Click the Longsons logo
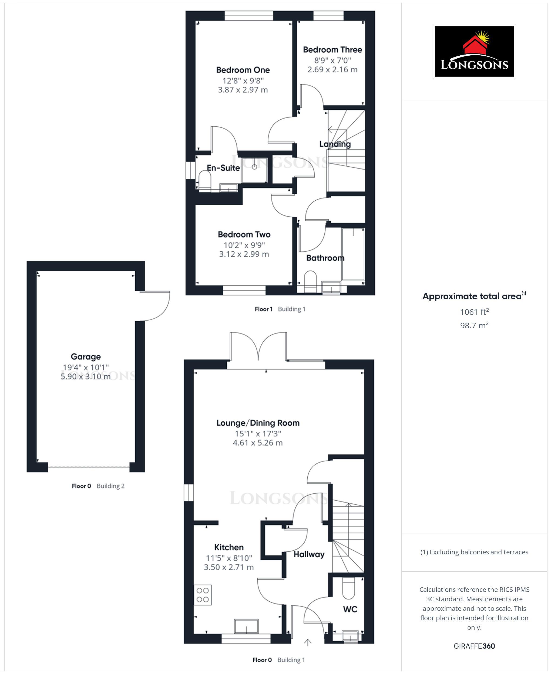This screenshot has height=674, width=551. click(474, 51)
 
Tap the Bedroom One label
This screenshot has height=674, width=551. click(243, 70)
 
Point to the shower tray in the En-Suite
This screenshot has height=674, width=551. click(254, 170)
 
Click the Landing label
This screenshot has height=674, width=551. click(335, 144)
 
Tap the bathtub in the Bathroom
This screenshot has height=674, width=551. click(353, 254)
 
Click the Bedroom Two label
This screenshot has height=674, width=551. click(244, 234)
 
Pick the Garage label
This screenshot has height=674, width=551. click(86, 357)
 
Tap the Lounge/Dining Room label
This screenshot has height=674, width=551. click(258, 423)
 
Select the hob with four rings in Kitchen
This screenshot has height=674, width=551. click(203, 595)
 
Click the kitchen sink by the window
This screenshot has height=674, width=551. click(246, 626)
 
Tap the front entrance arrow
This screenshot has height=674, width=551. click(308, 643)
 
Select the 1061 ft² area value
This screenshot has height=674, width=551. click(474, 312)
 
